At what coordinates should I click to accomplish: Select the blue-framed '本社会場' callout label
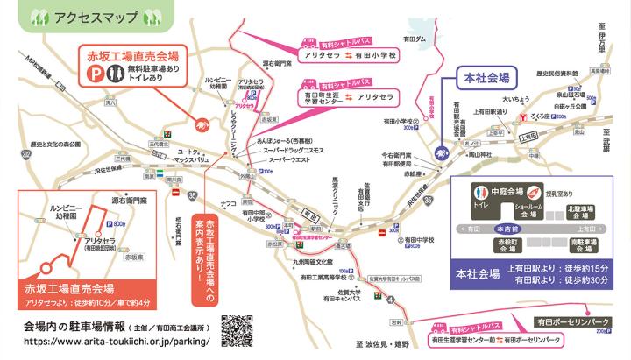pyautogui.click(x=485, y=78)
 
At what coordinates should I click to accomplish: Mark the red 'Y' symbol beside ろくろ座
pyautogui.click(x=523, y=115)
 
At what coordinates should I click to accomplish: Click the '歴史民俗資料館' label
pyautogui.click(x=554, y=74)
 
